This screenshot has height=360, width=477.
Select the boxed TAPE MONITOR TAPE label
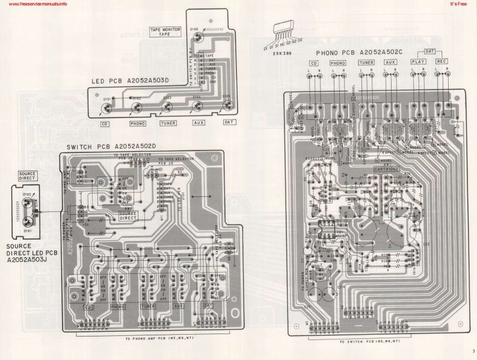165,31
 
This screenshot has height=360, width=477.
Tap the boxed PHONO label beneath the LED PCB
138,123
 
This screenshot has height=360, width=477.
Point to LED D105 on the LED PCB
227,105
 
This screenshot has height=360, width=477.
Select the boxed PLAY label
417,62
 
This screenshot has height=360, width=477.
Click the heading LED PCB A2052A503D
131,81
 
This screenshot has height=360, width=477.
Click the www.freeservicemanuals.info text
34,4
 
